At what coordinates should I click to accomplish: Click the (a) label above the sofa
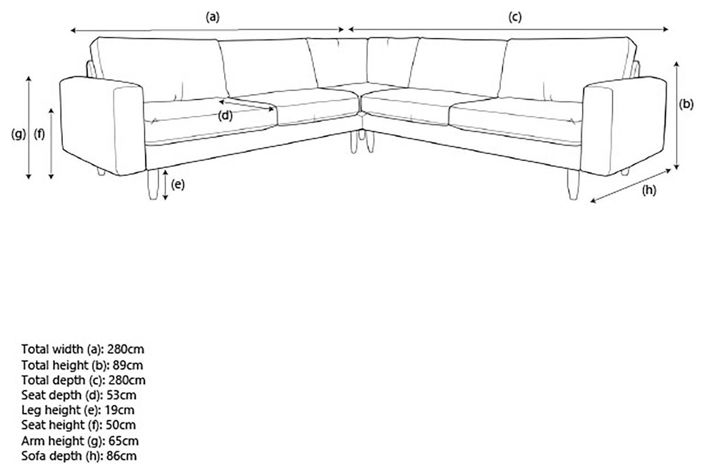click(x=213, y=17)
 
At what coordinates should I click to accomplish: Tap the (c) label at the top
click(x=515, y=17)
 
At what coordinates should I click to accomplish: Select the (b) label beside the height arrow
click(x=686, y=104)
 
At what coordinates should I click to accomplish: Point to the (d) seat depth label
click(x=225, y=116)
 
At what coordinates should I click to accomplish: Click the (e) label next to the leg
click(x=178, y=185)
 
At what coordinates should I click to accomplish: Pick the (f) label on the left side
click(x=39, y=134)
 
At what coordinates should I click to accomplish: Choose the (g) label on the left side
click(x=18, y=134)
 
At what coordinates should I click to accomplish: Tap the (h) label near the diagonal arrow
click(x=649, y=191)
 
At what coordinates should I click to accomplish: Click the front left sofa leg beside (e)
click(x=153, y=185)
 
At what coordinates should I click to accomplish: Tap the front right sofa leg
click(x=574, y=185)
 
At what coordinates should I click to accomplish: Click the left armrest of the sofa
click(x=102, y=126)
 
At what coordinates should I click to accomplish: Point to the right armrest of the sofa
click(x=624, y=126)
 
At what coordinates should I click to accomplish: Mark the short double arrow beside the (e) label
click(x=165, y=185)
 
